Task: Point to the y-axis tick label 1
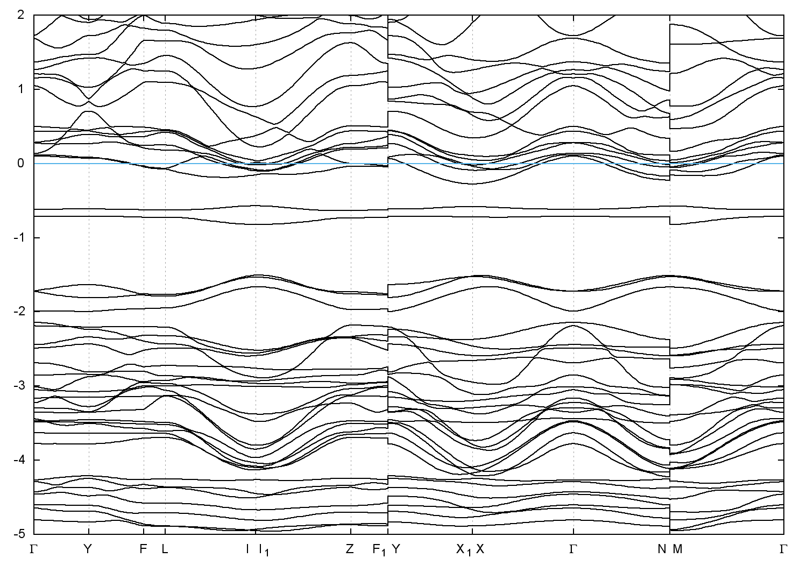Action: click(x=21, y=88)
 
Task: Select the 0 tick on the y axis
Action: click(x=21, y=163)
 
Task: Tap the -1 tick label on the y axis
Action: click(x=19, y=237)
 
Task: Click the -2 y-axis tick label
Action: click(x=19, y=312)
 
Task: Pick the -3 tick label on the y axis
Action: click(x=19, y=386)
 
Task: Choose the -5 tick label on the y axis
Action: click(x=19, y=534)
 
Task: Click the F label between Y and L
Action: click(x=143, y=549)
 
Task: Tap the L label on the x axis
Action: click(x=165, y=549)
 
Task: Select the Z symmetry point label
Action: click(x=350, y=549)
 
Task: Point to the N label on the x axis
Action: click(x=662, y=549)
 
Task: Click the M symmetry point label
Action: click(x=677, y=549)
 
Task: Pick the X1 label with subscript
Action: click(x=463, y=550)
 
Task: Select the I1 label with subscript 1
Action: click(x=263, y=550)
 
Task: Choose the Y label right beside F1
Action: click(x=396, y=549)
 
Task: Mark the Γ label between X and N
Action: click(x=573, y=549)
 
